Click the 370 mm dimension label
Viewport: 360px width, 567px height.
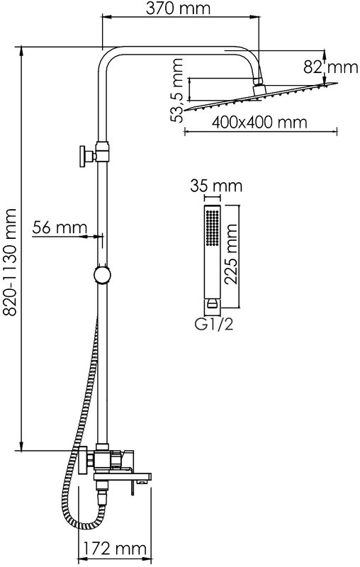coord(177,9)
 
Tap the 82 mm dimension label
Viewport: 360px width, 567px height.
coord(330,67)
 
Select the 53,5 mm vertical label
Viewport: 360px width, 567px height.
coord(177,91)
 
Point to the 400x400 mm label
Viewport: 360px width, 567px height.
coord(259,122)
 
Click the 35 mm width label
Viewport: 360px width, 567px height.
coord(216,186)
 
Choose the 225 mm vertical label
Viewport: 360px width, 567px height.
coord(230,254)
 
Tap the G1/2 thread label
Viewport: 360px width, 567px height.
coord(214,325)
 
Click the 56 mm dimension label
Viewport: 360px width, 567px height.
coord(60,228)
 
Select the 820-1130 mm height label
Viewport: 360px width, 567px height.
coord(10,263)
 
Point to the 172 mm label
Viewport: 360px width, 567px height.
coord(115,549)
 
